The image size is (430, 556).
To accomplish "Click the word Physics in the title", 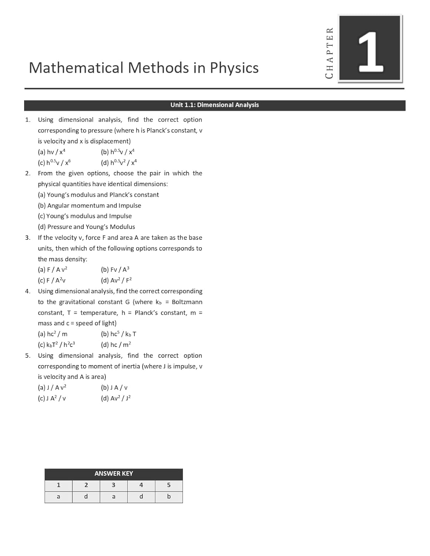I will point(234,68).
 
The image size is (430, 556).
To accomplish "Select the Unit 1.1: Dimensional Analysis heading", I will point(214,105).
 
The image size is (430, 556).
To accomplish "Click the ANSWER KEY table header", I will point(114,473).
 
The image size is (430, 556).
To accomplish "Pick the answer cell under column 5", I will point(169,496).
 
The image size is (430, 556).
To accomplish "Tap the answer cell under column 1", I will point(58,496).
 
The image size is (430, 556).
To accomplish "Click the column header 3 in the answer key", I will point(114,485).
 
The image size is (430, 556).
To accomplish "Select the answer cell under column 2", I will point(86,496).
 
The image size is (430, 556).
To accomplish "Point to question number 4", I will point(27,291).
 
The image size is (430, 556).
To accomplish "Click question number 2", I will point(27,173).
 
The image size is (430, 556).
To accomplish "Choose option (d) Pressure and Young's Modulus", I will point(86,227).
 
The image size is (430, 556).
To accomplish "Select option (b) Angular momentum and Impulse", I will point(89,205).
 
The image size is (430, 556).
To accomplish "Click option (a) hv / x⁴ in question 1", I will point(52,152).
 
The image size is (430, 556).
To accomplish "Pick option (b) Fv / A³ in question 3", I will point(115,269).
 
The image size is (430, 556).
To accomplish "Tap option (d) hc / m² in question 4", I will point(116,345).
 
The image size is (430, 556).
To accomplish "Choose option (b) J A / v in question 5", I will point(114,388).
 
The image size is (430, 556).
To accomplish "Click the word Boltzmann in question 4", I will point(187,302).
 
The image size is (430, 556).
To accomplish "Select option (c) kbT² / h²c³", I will point(56,345).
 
